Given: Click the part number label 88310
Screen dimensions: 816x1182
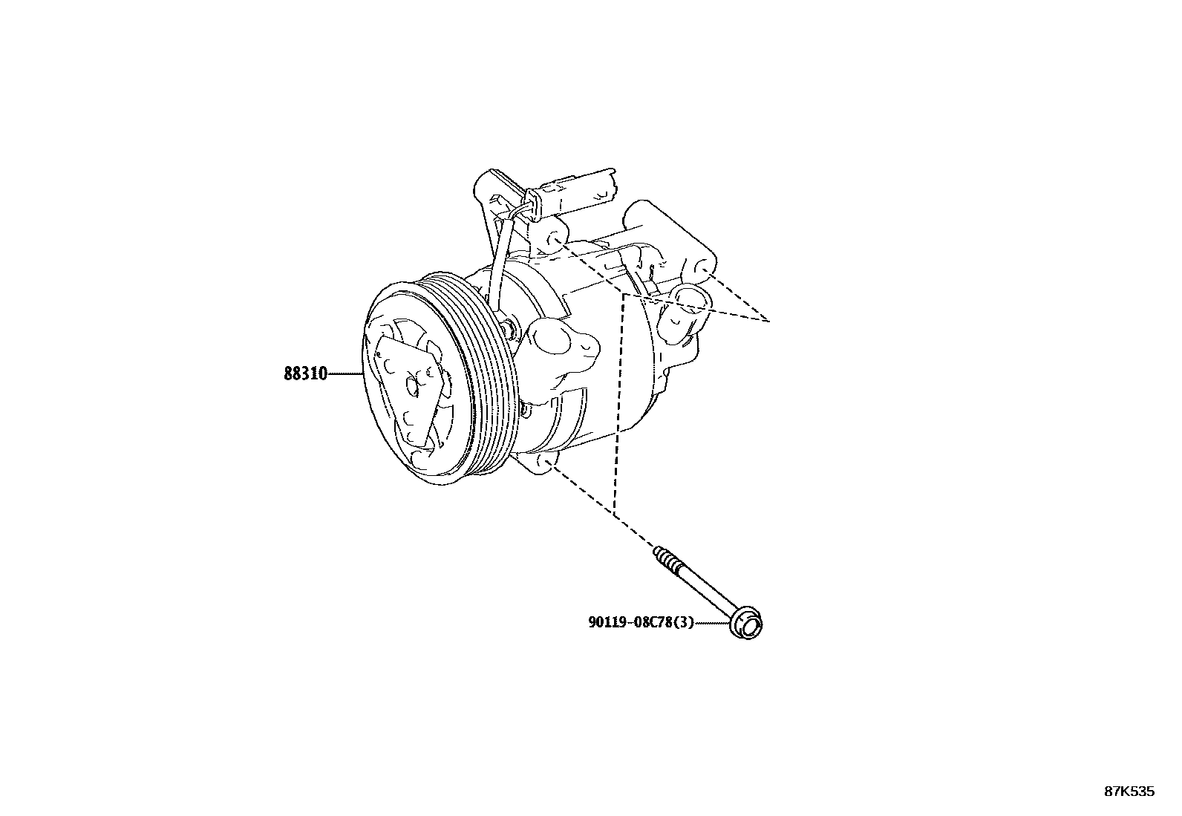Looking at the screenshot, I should tap(305, 374).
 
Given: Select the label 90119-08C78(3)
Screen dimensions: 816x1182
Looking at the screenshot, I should tap(640, 623).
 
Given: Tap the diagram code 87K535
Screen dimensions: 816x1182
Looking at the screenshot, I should tap(1129, 791).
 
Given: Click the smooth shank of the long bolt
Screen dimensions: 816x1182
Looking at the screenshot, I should tap(705, 591).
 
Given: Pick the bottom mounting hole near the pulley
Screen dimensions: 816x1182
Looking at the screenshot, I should tap(549, 464).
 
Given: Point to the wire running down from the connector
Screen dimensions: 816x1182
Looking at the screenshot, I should tap(496, 267).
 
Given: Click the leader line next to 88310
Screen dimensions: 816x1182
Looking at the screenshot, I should tap(346, 374).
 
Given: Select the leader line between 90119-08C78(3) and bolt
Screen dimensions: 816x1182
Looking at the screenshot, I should tap(713, 624).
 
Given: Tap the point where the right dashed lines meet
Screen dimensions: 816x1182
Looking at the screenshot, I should tap(768, 320).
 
